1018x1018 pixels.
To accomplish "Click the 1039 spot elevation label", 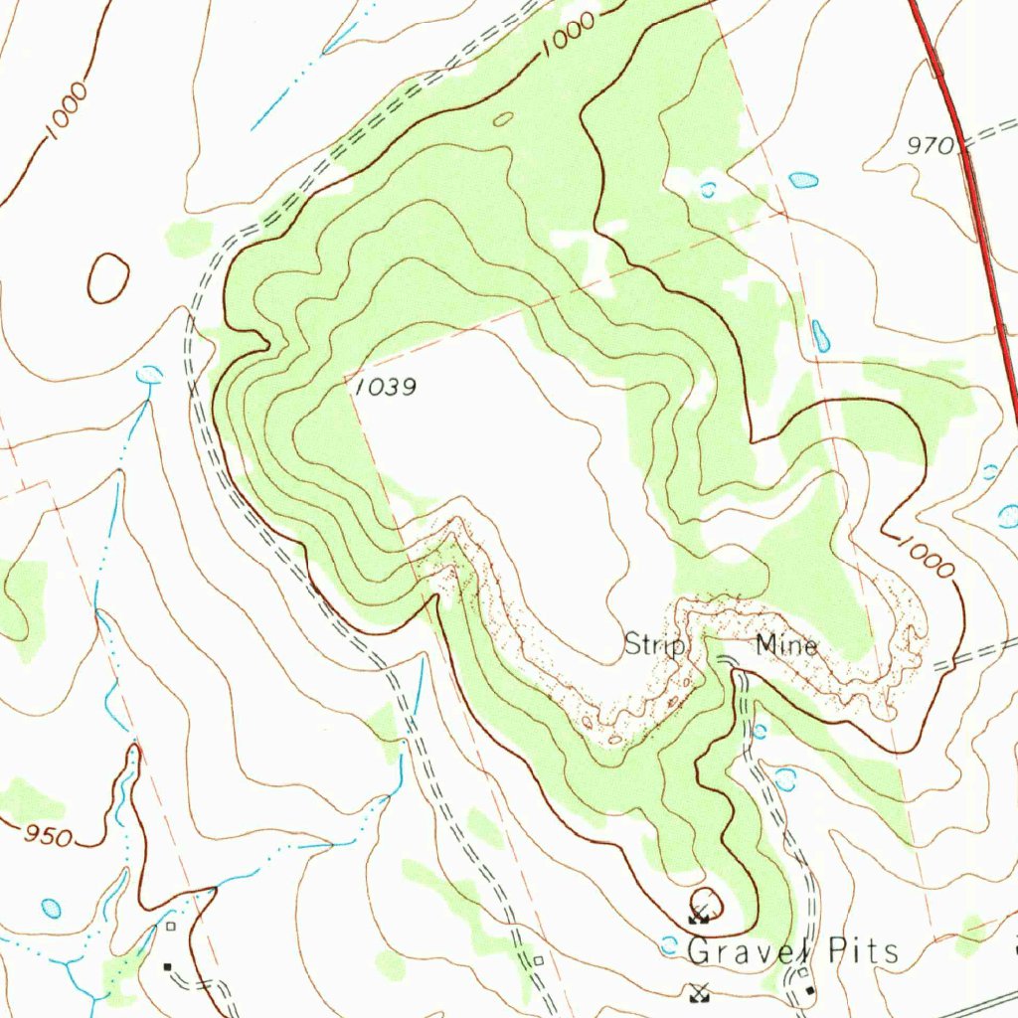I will [x=385, y=388].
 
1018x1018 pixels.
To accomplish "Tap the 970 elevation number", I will [x=931, y=146].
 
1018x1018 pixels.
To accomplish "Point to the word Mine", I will [x=786, y=646].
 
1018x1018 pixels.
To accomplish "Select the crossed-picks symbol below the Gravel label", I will [x=700, y=991].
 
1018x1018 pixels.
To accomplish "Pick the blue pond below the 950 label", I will [x=51, y=908].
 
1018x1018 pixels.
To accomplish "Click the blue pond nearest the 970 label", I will [x=803, y=180].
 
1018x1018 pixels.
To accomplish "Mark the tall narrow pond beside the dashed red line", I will [x=821, y=336].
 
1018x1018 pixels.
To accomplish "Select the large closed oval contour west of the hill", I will [x=108, y=278].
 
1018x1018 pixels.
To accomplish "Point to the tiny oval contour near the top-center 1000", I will [x=504, y=119].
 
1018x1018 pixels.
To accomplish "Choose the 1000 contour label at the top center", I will [x=570, y=36].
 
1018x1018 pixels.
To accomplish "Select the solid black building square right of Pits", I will [x=812, y=991].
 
